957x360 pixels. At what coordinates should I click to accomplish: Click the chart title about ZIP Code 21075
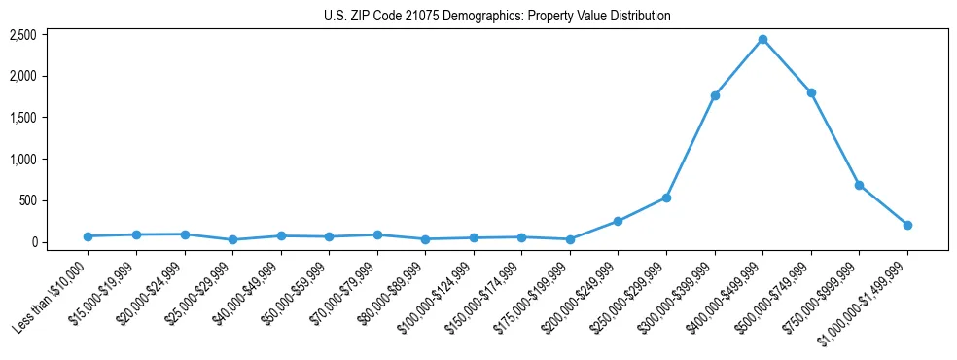click(497, 17)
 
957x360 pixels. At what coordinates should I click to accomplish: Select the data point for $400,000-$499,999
click(762, 39)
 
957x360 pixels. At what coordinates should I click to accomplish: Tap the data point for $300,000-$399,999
click(715, 95)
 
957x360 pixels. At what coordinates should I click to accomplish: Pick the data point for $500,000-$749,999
click(811, 92)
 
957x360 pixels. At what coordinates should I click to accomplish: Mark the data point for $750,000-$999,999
click(859, 185)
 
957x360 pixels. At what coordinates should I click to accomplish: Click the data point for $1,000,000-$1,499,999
click(907, 225)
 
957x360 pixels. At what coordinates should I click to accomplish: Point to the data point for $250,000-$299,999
click(666, 198)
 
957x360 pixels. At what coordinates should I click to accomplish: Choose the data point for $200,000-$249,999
click(619, 221)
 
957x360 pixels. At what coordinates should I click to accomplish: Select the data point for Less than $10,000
click(88, 236)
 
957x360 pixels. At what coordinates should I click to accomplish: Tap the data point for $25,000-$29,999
click(232, 239)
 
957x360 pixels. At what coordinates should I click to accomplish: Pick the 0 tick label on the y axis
click(34, 242)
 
